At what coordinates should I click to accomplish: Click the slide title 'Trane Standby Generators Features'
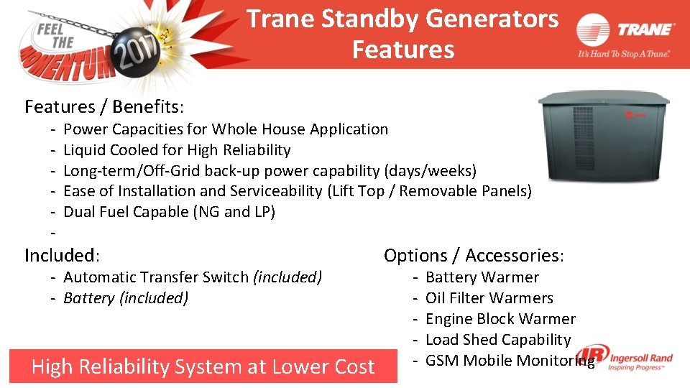pos(402,34)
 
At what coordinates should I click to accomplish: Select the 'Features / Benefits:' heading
pos(104,107)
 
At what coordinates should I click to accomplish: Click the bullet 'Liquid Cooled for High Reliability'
pos(177,150)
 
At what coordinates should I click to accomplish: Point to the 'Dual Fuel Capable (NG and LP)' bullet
pos(169,212)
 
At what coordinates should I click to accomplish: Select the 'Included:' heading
pos(62,255)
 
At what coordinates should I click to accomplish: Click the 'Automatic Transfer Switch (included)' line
pos(193,277)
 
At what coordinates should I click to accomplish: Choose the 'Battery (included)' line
pos(126,298)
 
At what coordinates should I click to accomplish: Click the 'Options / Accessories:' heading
pos(474,255)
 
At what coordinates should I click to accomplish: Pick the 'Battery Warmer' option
pos(482,277)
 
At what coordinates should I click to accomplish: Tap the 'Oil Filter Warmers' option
pos(489,298)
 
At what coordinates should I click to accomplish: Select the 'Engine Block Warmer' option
pos(500,319)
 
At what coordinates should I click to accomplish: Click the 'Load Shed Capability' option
pos(497,340)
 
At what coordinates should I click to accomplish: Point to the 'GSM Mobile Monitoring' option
pos(509,361)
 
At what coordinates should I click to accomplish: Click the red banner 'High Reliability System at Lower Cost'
pos(203,366)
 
